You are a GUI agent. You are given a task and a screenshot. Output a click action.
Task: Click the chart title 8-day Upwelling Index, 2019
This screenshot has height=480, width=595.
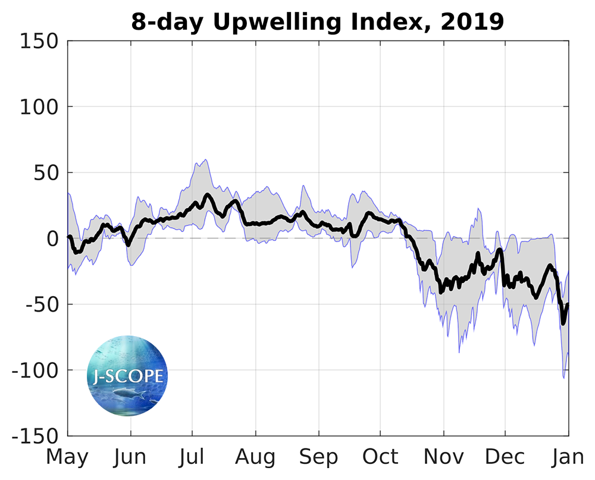tap(317, 22)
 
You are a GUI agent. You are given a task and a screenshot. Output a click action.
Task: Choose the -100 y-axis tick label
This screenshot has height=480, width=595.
tap(35, 371)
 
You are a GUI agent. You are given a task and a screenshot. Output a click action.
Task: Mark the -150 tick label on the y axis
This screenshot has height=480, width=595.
tap(35, 436)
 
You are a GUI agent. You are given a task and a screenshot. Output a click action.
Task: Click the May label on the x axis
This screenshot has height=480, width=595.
tap(67, 457)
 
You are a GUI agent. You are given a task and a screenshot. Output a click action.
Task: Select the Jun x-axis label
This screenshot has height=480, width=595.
tap(130, 457)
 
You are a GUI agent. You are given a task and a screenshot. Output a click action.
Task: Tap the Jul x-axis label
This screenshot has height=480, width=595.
tap(192, 457)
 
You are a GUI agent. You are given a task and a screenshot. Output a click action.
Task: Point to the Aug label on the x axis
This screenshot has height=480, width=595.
tap(255, 457)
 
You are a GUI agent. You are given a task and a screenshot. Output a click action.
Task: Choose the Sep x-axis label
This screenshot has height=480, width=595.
tap(318, 457)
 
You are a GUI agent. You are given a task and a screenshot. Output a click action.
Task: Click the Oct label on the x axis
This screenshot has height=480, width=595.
tap(380, 457)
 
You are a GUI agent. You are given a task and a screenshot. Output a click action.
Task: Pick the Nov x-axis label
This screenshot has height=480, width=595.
tap(443, 457)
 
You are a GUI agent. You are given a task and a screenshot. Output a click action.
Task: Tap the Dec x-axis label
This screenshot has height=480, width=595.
tap(505, 457)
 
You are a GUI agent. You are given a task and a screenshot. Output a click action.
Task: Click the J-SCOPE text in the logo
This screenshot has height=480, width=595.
tap(128, 376)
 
